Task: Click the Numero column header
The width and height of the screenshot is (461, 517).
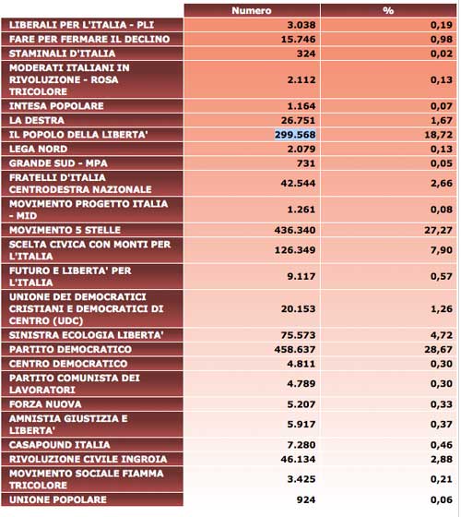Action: tap(252, 10)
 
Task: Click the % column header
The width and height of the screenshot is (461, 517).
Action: tap(388, 10)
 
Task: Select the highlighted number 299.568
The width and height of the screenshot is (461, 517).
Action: tap(295, 135)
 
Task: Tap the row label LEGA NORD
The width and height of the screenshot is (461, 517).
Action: tap(38, 149)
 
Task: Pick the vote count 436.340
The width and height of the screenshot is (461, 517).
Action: tap(295, 230)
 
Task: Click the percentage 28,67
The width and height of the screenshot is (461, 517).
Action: tap(438, 350)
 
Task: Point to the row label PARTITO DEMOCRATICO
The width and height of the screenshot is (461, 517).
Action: tap(70, 350)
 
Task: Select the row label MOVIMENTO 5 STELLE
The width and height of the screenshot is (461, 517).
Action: tap(65, 230)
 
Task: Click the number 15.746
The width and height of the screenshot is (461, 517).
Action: tap(299, 39)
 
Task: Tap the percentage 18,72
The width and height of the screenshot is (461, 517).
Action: tap(438, 135)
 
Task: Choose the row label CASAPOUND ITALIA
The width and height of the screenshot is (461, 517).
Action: tap(60, 445)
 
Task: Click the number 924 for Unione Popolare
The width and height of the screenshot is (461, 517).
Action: tap(306, 499)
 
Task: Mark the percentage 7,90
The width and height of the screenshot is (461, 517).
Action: tap(442, 250)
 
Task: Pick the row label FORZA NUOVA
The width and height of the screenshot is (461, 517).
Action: tap(45, 404)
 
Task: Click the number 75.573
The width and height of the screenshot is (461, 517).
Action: tap(299, 335)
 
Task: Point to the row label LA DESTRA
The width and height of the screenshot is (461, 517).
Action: tap(37, 120)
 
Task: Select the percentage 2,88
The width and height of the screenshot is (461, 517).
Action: tap(442, 460)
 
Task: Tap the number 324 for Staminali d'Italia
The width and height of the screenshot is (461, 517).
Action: tap(306, 54)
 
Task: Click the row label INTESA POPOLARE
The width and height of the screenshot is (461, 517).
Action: tap(56, 106)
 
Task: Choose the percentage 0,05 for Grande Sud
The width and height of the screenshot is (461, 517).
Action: tap(442, 163)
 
